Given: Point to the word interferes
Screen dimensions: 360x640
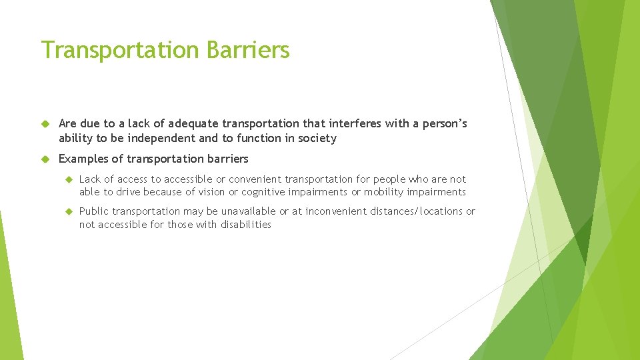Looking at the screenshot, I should (356, 124).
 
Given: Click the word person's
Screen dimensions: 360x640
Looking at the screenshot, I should (441, 124).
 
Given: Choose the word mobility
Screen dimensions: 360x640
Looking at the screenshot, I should (388, 192).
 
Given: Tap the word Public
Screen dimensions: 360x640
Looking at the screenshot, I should (94, 211).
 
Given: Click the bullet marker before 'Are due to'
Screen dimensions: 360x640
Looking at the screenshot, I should (45, 124).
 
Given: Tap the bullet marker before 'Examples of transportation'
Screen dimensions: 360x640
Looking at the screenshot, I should (45, 159).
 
